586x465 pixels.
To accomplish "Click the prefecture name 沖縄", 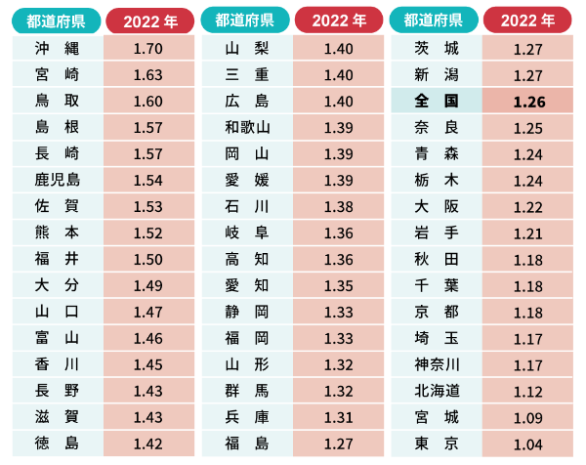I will [57, 49].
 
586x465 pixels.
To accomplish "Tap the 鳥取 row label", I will [57, 102].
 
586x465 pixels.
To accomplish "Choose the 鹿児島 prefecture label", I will [57, 180].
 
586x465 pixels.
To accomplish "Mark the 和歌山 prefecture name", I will [246, 128].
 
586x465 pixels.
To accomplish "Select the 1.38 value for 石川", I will [337, 206].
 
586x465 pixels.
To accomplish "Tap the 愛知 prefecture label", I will [246, 284].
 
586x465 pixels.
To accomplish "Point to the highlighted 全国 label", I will [436, 102].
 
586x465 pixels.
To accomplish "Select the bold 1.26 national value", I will [528, 102].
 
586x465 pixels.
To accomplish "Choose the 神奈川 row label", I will [436, 363].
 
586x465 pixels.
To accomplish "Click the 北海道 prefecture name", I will [436, 390].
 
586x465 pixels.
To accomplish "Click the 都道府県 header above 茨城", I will [436, 21].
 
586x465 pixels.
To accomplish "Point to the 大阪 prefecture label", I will [436, 206].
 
